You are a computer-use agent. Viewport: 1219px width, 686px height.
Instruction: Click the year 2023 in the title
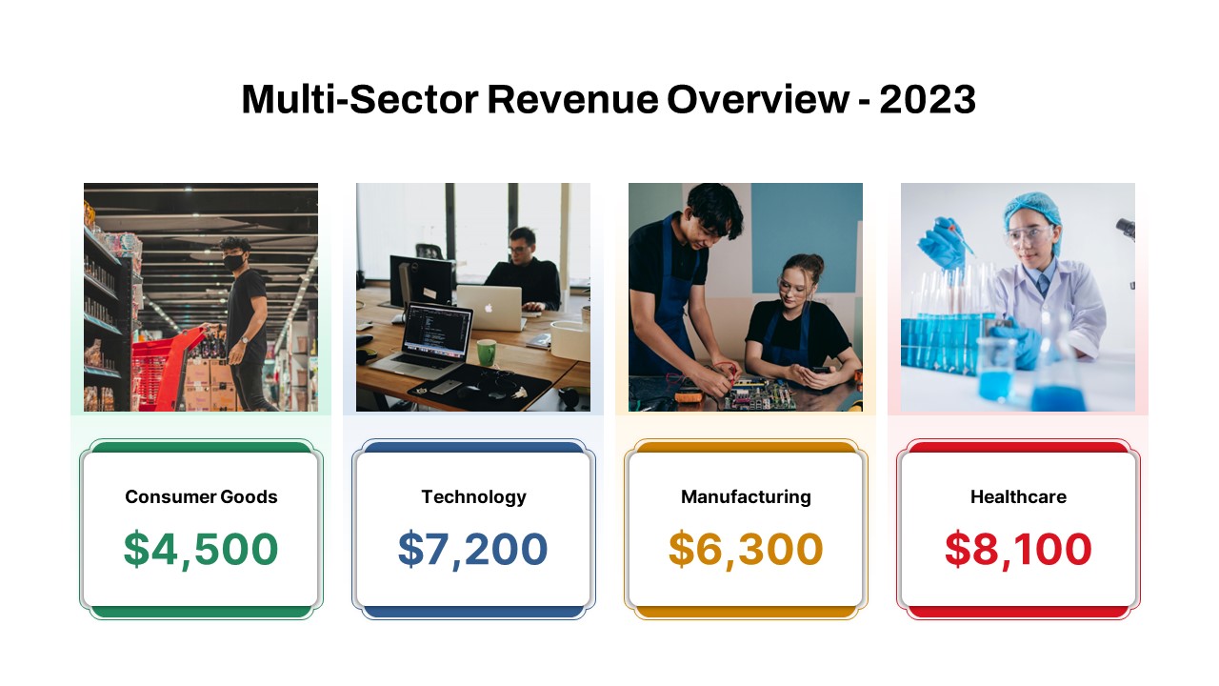tap(928, 100)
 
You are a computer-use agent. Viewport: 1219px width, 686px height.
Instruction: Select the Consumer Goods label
tap(201, 496)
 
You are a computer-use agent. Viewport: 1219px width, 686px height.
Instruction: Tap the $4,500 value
tap(201, 549)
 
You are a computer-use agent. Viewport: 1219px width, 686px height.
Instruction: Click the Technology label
tap(473, 496)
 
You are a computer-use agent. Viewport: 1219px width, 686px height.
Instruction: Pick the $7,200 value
tap(473, 549)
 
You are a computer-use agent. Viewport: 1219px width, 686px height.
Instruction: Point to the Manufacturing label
tap(746, 496)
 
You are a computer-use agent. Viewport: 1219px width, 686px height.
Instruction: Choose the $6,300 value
tap(746, 549)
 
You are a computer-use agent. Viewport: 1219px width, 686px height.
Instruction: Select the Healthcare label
tap(1018, 496)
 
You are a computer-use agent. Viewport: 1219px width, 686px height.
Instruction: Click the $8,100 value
tap(1018, 549)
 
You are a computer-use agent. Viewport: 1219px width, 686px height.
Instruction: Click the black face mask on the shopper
tap(232, 258)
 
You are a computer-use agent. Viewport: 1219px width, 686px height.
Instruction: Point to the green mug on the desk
tap(486, 352)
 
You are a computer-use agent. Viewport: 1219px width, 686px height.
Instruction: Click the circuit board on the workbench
tap(762, 393)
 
